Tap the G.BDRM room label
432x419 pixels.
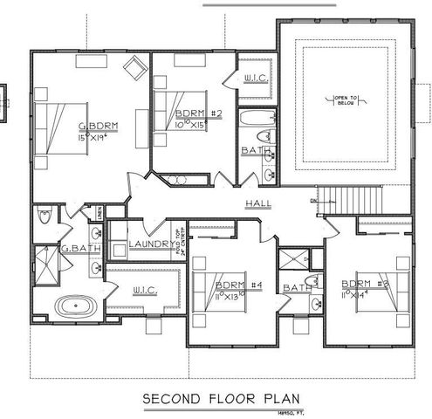pos(99,127)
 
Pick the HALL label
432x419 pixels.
pos(258,203)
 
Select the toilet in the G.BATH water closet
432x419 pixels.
pos(46,216)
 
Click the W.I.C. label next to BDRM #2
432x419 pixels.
pos(256,79)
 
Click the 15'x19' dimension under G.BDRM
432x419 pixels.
pos(98,138)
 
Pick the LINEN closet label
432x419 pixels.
pos(99,211)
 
